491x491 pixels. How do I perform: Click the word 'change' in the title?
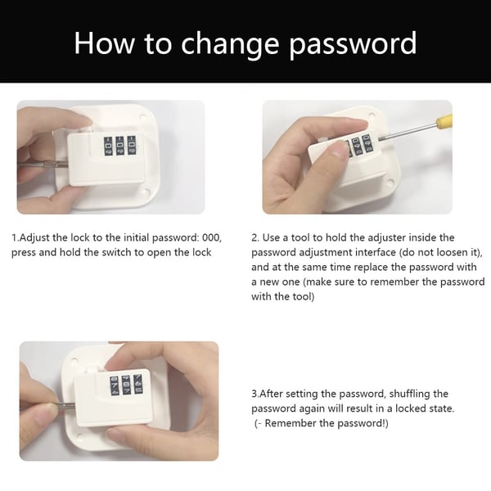click(230, 45)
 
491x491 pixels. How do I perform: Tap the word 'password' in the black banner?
click(353, 45)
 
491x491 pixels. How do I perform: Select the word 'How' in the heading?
click(104, 43)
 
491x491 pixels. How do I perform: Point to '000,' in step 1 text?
click(212, 237)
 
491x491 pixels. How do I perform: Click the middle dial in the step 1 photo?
click(120, 146)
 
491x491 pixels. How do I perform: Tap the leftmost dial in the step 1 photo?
click(108, 146)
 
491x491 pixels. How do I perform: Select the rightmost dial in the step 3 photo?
click(137, 384)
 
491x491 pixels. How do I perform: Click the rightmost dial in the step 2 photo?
click(367, 143)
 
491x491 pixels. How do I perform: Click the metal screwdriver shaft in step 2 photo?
click(407, 131)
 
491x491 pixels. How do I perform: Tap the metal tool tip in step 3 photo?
click(67, 407)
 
